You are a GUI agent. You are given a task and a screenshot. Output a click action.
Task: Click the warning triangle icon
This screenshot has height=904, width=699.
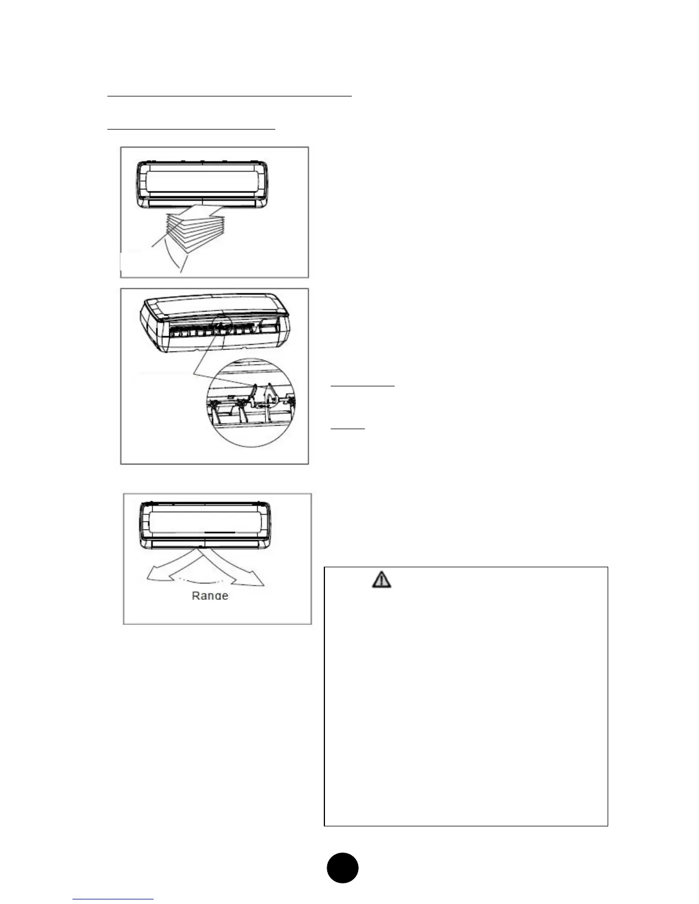(382, 579)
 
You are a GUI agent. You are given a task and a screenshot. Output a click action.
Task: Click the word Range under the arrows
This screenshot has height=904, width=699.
(210, 595)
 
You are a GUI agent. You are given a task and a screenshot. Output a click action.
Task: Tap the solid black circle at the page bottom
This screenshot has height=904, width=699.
(343, 868)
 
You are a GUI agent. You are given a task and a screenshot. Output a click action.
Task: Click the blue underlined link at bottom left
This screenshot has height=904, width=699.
(114, 899)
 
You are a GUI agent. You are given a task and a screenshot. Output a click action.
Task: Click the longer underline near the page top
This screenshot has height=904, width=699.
(229, 96)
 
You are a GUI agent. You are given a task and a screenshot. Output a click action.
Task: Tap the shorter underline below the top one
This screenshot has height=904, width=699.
(191, 130)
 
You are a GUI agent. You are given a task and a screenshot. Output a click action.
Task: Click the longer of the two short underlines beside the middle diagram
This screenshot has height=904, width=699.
(363, 386)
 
